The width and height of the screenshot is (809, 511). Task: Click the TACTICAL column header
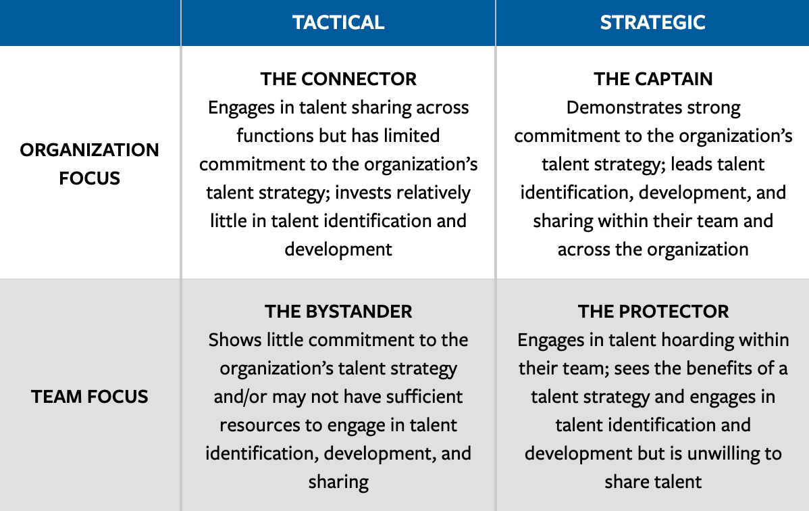[338, 22]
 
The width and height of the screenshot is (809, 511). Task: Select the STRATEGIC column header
[652, 22]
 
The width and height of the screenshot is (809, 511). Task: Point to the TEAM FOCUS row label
[90, 396]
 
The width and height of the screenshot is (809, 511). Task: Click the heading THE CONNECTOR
[338, 79]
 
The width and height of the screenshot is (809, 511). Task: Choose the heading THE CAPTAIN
[653, 79]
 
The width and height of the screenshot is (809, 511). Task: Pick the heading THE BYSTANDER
[338, 312]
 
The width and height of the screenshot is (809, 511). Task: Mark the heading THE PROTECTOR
[653, 312]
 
